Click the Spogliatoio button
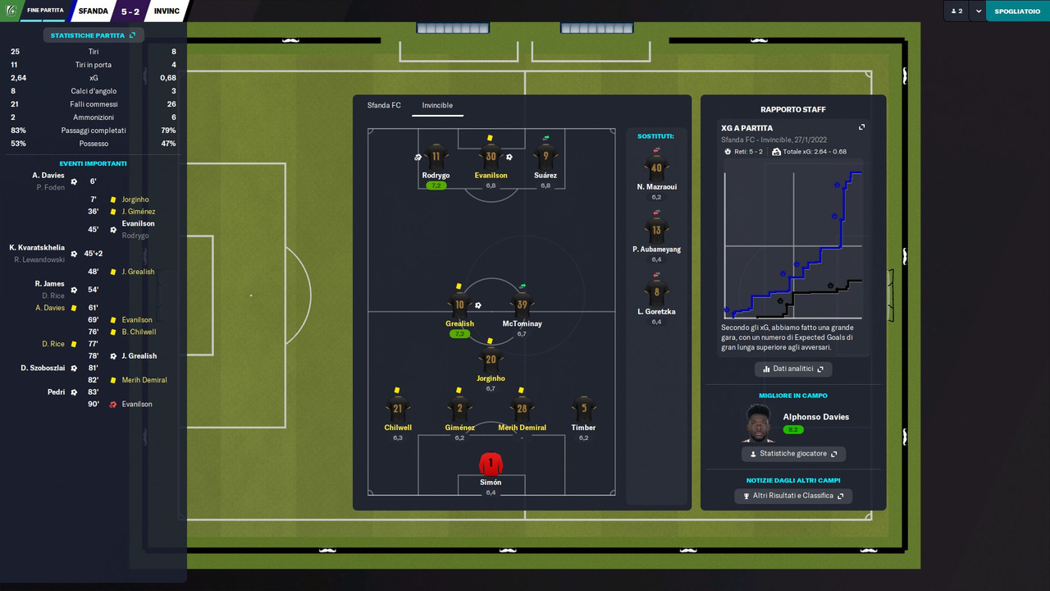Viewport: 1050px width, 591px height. [1017, 11]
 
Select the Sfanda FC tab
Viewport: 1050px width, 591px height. [384, 105]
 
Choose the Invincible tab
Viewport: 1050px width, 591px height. [437, 105]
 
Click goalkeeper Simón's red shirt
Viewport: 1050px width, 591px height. [491, 464]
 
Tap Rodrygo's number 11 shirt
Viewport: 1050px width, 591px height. [436, 157]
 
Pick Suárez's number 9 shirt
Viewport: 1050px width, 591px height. [546, 157]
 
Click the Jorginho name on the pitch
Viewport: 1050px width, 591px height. [491, 378]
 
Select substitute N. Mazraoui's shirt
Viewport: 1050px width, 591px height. [656, 168]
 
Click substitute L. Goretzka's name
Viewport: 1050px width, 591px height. [656, 312]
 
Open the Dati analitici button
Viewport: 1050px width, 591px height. [793, 369]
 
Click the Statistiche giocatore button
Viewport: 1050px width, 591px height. [793, 454]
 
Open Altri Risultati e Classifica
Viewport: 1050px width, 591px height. [793, 496]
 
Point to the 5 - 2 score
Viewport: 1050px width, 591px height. [130, 11]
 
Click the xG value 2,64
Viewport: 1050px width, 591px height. [18, 78]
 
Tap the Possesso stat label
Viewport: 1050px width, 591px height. [93, 144]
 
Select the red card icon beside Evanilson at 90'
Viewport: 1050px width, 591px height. [113, 404]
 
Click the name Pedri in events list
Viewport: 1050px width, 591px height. [56, 392]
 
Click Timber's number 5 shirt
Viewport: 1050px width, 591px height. [584, 409]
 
